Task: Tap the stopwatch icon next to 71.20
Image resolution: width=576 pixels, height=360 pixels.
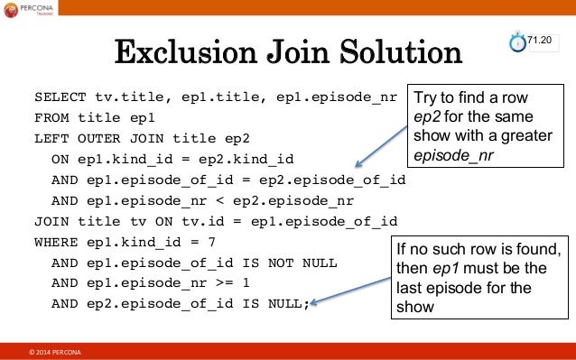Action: point(517,42)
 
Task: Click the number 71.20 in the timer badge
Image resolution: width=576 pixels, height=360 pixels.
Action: point(540,40)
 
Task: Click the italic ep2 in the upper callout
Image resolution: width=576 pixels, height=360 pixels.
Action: point(426,118)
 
